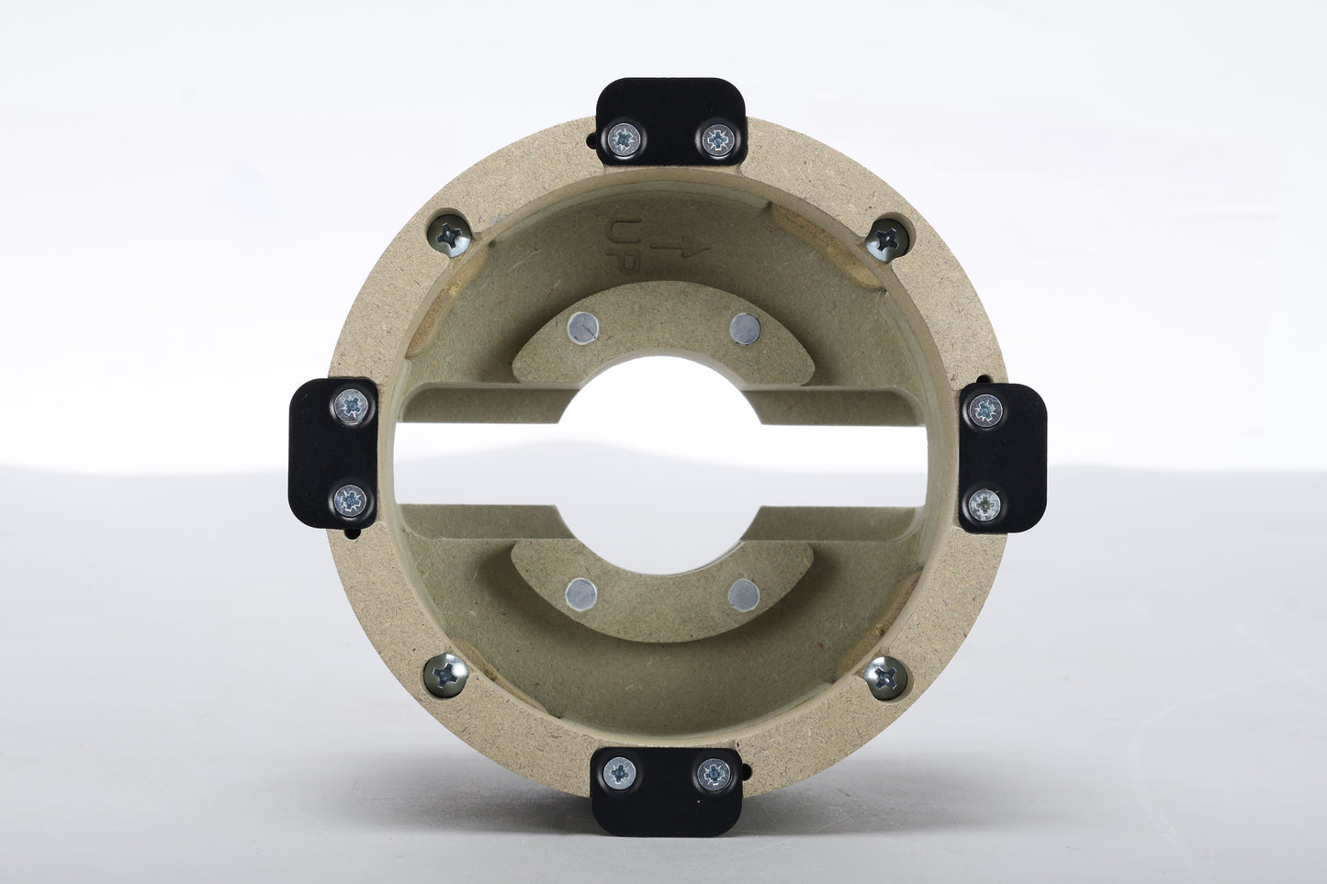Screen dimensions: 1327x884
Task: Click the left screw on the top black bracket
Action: tap(624, 140)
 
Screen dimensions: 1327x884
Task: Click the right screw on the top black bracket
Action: tap(718, 140)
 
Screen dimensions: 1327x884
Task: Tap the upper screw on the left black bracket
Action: tap(352, 406)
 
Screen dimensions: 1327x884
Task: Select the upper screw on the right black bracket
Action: tap(985, 410)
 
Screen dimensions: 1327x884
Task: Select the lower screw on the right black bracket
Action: tap(984, 505)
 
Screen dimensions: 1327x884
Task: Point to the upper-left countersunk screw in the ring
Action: tap(450, 236)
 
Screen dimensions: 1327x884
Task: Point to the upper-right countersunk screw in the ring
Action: tap(887, 240)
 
